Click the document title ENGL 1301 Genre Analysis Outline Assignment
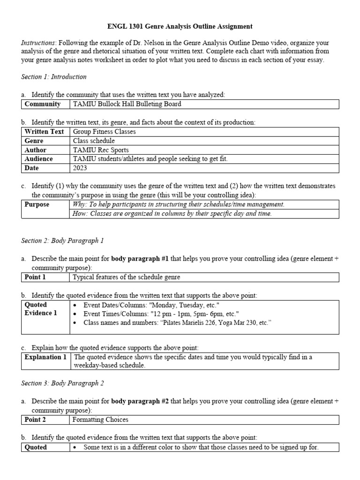(180, 27)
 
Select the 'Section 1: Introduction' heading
(53, 76)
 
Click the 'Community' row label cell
(42, 104)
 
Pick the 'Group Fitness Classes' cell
(105, 132)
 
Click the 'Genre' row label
(34, 141)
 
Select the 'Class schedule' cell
(94, 141)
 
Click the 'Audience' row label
(38, 159)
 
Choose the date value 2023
(81, 168)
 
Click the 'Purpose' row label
(37, 204)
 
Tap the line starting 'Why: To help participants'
(179, 204)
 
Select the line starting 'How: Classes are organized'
(172, 214)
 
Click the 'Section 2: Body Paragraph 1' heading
(62, 240)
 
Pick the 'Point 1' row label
(35, 277)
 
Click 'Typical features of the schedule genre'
(127, 277)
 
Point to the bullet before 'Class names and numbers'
(76, 323)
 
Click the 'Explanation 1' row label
(45, 357)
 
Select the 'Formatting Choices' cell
(101, 420)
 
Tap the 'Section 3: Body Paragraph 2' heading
(62, 383)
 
